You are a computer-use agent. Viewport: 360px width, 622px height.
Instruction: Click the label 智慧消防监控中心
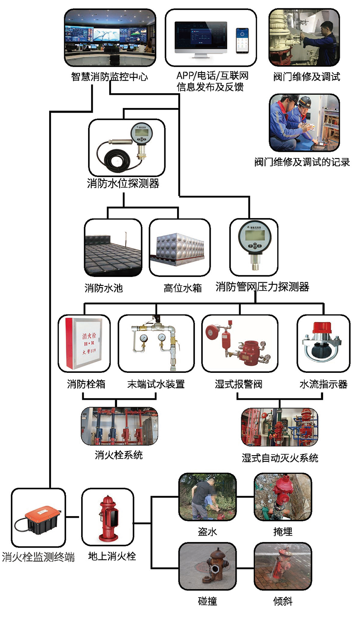[x=109, y=77]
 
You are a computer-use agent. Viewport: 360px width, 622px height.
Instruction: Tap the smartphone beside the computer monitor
[x=242, y=41]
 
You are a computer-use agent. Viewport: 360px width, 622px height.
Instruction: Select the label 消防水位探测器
[x=123, y=184]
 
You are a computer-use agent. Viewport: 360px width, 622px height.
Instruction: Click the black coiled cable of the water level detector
[x=115, y=158]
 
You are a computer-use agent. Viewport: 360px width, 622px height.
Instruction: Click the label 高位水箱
[x=182, y=288]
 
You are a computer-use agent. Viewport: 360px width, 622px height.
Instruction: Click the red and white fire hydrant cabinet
[x=83, y=343]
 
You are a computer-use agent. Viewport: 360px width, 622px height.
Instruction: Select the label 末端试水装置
[x=156, y=384]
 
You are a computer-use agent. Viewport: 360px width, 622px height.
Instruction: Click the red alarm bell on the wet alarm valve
[x=212, y=332]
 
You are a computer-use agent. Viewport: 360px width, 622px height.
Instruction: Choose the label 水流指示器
[x=323, y=384]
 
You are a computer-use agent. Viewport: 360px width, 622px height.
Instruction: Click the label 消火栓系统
[x=118, y=455]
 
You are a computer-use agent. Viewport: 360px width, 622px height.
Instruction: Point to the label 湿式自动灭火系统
[x=280, y=458]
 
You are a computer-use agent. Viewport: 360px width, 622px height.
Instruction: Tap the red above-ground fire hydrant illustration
[x=108, y=518]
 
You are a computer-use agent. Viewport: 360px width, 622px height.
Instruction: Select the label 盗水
[x=207, y=531]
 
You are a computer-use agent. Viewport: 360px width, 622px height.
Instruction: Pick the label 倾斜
[x=283, y=601]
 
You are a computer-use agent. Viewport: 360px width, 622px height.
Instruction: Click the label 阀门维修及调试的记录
[x=302, y=162]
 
